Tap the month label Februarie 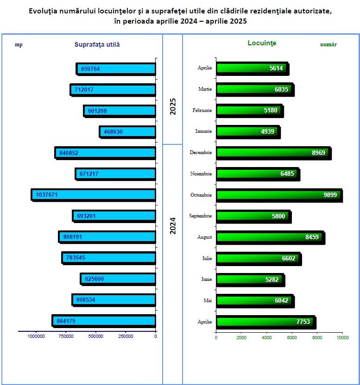[x=202, y=110]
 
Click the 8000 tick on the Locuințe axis [x=317, y=337]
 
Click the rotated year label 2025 [x=173, y=106]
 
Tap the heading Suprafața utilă [x=97, y=44]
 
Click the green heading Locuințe [x=262, y=43]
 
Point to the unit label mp [x=19, y=45]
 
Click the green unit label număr [x=328, y=45]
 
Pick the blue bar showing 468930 [x=128, y=132]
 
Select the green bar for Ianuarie [x=247, y=131]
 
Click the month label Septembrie [x=201, y=216]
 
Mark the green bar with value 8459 [x=270, y=237]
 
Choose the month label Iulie [x=207, y=258]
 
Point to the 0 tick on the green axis [x=216, y=337]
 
